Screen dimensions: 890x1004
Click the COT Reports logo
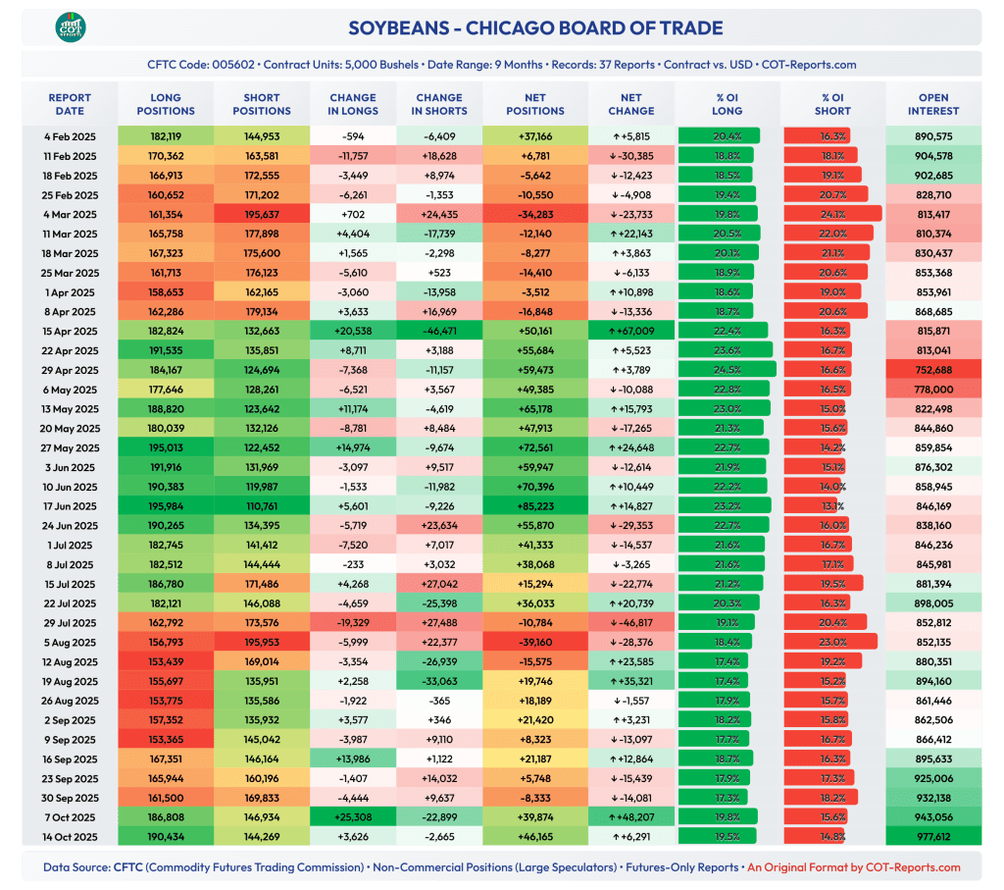(71, 27)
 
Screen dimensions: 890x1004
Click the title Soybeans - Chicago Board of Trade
(535, 28)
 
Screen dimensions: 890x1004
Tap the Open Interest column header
(932, 104)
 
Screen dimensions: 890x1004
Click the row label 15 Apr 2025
(70, 331)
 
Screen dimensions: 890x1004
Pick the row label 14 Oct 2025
(70, 836)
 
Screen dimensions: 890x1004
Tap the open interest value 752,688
(932, 370)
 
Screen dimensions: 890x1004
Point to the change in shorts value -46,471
(439, 331)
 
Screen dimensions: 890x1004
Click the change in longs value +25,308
(353, 816)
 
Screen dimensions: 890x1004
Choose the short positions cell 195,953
(261, 642)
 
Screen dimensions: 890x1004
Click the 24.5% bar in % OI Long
(726, 370)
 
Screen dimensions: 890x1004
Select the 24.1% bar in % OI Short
(831, 214)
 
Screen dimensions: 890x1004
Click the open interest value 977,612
(932, 836)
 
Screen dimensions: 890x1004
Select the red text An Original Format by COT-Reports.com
(854, 866)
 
